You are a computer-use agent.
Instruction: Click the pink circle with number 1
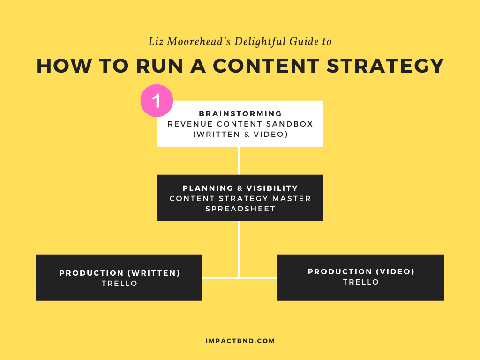click(157, 100)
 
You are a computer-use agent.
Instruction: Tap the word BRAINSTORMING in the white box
click(240, 113)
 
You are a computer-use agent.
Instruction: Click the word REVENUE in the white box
click(190, 124)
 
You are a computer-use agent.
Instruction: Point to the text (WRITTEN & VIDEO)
click(240, 135)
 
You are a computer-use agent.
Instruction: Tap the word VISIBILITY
click(272, 188)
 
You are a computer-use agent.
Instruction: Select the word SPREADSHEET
click(240, 209)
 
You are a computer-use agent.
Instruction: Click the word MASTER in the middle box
click(292, 198)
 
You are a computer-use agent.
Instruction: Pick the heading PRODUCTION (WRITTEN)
click(120, 273)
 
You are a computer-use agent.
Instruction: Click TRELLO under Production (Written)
click(120, 284)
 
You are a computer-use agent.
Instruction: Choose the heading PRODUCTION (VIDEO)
click(361, 271)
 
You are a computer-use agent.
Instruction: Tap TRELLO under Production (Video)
click(361, 282)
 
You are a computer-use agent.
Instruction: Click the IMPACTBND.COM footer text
click(240, 341)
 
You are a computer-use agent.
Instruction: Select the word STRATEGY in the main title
click(385, 66)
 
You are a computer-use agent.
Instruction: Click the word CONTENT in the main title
click(266, 66)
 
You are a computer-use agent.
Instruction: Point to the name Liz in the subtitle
click(156, 41)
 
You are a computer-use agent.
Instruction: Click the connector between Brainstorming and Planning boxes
click(239, 161)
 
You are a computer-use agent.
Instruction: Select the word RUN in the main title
click(159, 66)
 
